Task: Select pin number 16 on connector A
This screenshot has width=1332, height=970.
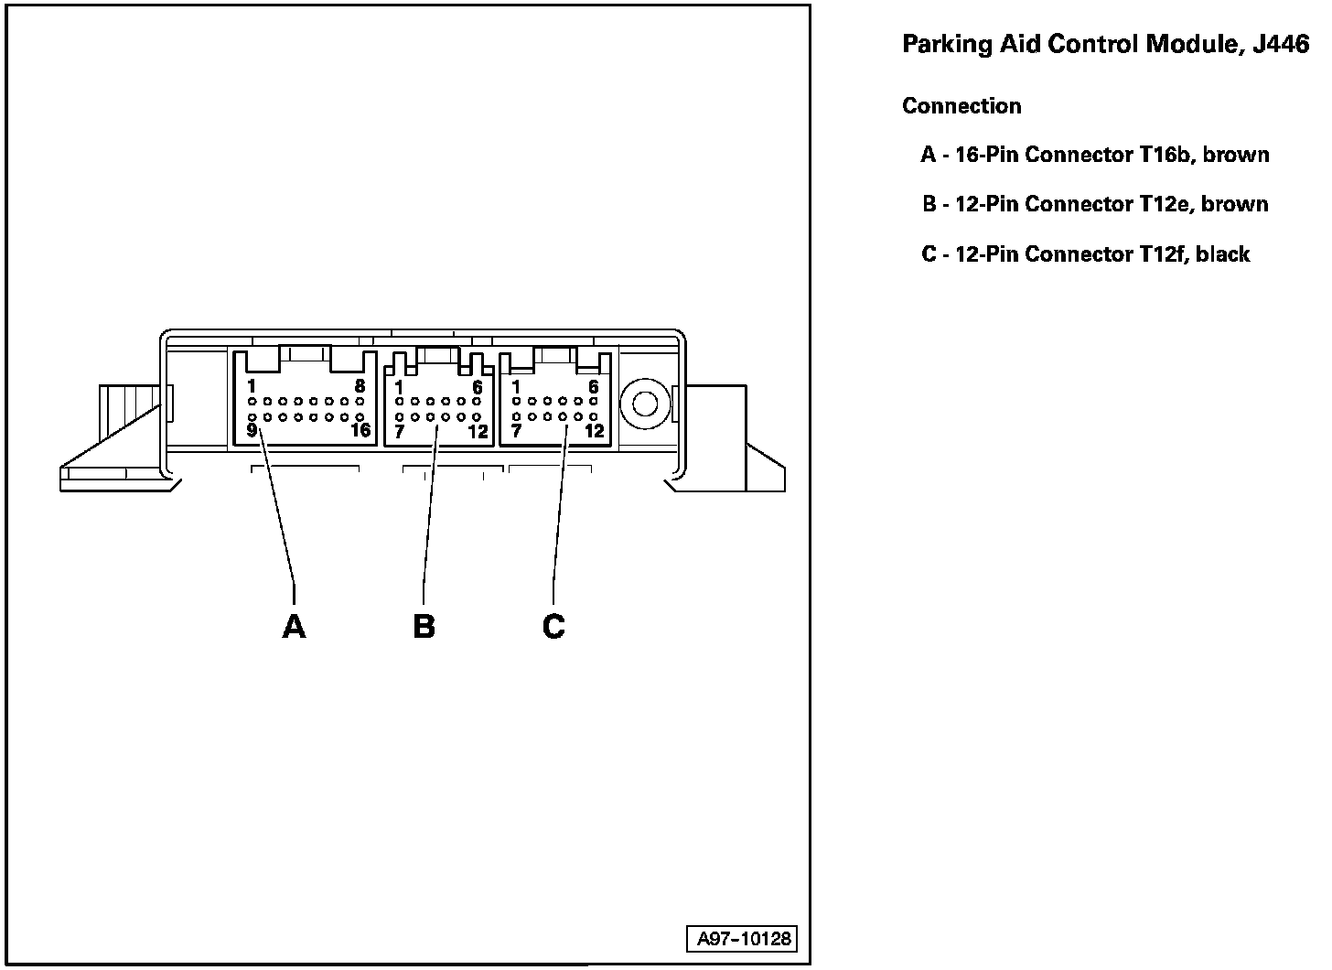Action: tap(360, 430)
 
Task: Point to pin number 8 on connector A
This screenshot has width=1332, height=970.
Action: tap(360, 387)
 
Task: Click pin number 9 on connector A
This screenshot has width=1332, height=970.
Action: tap(252, 430)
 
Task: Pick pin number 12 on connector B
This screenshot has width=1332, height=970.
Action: tap(478, 432)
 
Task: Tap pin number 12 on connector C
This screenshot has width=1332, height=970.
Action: tap(595, 431)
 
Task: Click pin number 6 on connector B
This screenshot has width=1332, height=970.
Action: tap(478, 388)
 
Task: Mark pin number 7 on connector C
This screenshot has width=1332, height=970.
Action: tap(517, 431)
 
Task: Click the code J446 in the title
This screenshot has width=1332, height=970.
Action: tap(1281, 45)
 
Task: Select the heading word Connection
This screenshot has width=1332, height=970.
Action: tap(961, 106)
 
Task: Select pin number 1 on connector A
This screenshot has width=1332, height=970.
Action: tap(252, 387)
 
